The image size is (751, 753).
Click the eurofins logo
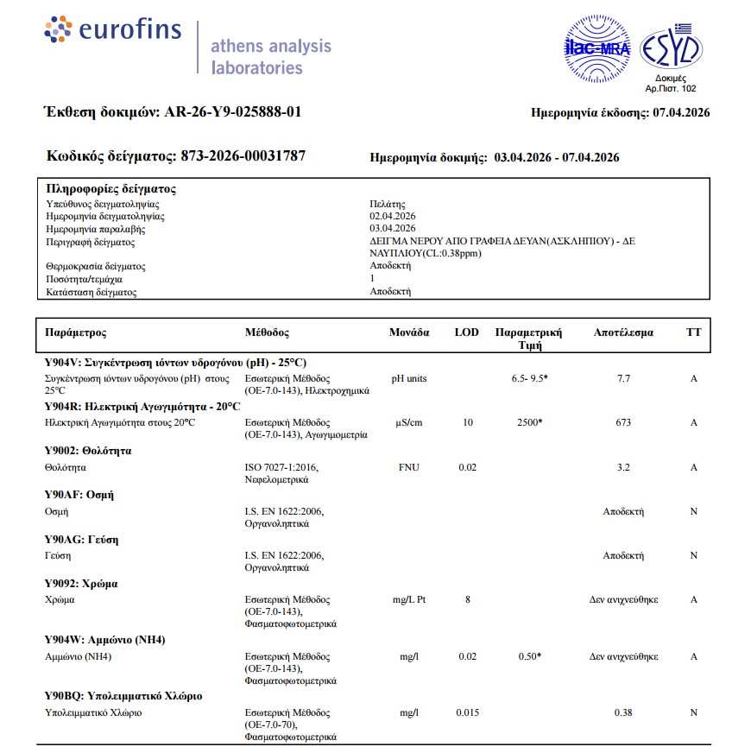113,31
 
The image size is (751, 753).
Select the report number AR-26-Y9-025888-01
232,112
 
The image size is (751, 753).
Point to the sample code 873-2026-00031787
243,156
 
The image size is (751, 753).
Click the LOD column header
466,332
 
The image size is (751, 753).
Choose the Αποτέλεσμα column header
623,332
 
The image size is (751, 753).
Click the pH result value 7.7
623,378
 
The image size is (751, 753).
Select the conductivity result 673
623,422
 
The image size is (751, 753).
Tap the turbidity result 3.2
623,467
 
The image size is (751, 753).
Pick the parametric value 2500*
528,422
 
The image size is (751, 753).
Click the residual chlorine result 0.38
623,712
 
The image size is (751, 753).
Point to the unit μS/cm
408,422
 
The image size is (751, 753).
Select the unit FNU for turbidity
408,467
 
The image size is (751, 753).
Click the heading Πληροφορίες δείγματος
110,189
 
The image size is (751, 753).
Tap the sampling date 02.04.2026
393,216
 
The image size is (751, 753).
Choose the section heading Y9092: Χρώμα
81,583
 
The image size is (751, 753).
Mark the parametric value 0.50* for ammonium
528,656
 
